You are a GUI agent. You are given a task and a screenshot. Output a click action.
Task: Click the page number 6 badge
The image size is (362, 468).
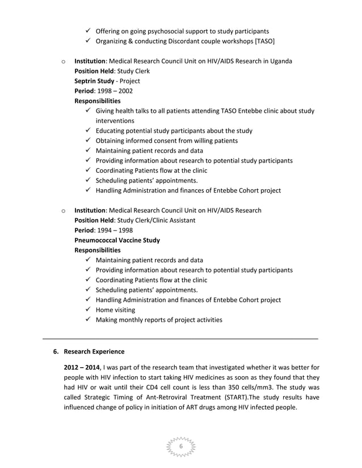181,446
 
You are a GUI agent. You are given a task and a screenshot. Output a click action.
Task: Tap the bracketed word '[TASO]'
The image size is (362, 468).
264,41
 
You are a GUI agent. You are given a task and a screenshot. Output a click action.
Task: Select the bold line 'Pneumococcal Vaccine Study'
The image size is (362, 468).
117,240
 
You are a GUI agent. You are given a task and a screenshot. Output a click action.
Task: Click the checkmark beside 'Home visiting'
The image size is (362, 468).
88,310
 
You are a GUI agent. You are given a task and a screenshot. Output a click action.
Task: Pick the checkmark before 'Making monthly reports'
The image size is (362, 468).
88,320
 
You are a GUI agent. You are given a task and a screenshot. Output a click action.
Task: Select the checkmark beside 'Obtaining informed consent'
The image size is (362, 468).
88,141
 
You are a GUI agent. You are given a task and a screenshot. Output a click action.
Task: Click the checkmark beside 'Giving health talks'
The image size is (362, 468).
88,111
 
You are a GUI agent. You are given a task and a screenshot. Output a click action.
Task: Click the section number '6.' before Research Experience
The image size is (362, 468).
56,352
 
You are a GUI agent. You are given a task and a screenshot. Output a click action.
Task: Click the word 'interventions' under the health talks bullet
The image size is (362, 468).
115,121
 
